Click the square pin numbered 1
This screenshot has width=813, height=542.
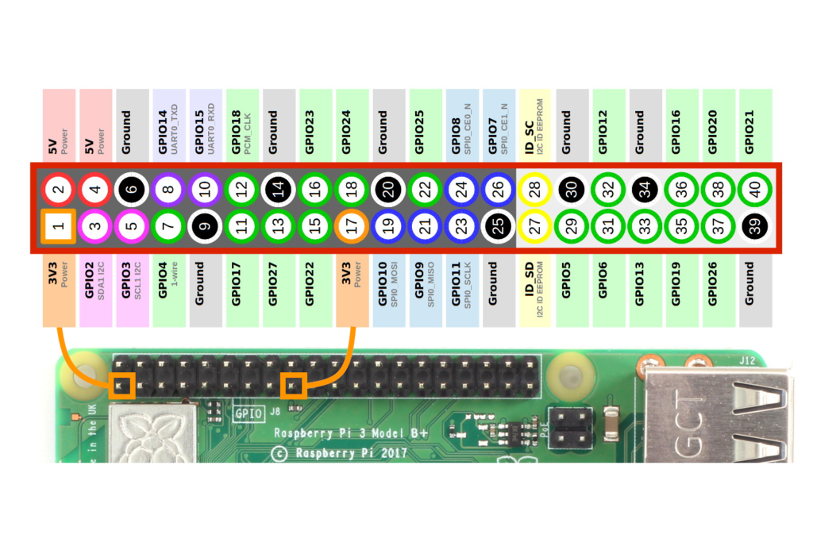[x=59, y=226]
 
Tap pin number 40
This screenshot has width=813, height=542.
[x=754, y=189]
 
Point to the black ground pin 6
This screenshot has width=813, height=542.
[x=132, y=189]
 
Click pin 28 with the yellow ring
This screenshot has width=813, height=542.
[x=534, y=189]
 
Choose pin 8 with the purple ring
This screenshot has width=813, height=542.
[x=168, y=189]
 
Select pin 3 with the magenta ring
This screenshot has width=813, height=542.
[x=95, y=226]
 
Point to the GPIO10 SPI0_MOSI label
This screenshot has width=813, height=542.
[x=388, y=289]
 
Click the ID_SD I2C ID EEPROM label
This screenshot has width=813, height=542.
[x=534, y=289]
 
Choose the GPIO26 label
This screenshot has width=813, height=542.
[x=718, y=289]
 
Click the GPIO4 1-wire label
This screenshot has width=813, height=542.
[x=168, y=289]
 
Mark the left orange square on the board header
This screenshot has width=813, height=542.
[x=122, y=385]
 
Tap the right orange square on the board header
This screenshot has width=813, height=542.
[x=294, y=386]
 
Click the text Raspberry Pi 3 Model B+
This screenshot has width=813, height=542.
[x=351, y=433]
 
